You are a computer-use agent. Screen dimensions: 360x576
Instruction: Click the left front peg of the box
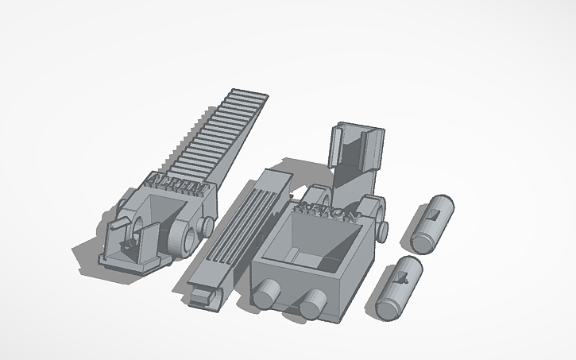coord(265,295)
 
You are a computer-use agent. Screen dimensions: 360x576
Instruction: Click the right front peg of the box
coord(311,301)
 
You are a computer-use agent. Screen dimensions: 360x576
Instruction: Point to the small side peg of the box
coord(382,231)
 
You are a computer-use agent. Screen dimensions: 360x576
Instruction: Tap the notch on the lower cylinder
coord(404,277)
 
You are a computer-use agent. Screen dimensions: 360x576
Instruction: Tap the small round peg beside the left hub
coord(209,227)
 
